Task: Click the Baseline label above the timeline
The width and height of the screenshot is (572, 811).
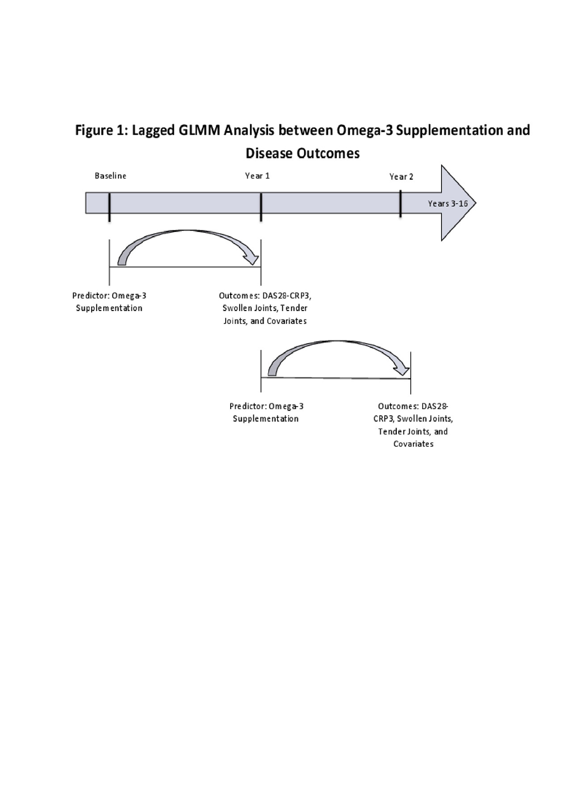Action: point(110,176)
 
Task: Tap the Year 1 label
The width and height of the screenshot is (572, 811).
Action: point(257,176)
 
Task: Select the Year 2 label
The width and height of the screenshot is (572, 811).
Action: point(401,177)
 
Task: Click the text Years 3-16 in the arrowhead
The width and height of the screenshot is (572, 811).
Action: point(448,204)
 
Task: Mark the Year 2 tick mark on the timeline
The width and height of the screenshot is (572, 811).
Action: point(400,204)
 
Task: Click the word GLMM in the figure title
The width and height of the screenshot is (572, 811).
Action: point(200,130)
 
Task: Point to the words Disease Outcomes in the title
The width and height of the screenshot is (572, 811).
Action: point(303,153)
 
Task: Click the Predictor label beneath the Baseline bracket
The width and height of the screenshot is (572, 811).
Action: point(109,302)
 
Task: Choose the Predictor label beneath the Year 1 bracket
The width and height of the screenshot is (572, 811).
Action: point(266,412)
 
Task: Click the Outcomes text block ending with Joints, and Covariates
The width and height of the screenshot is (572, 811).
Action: point(265,308)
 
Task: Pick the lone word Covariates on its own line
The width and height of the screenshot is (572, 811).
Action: point(413,444)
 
